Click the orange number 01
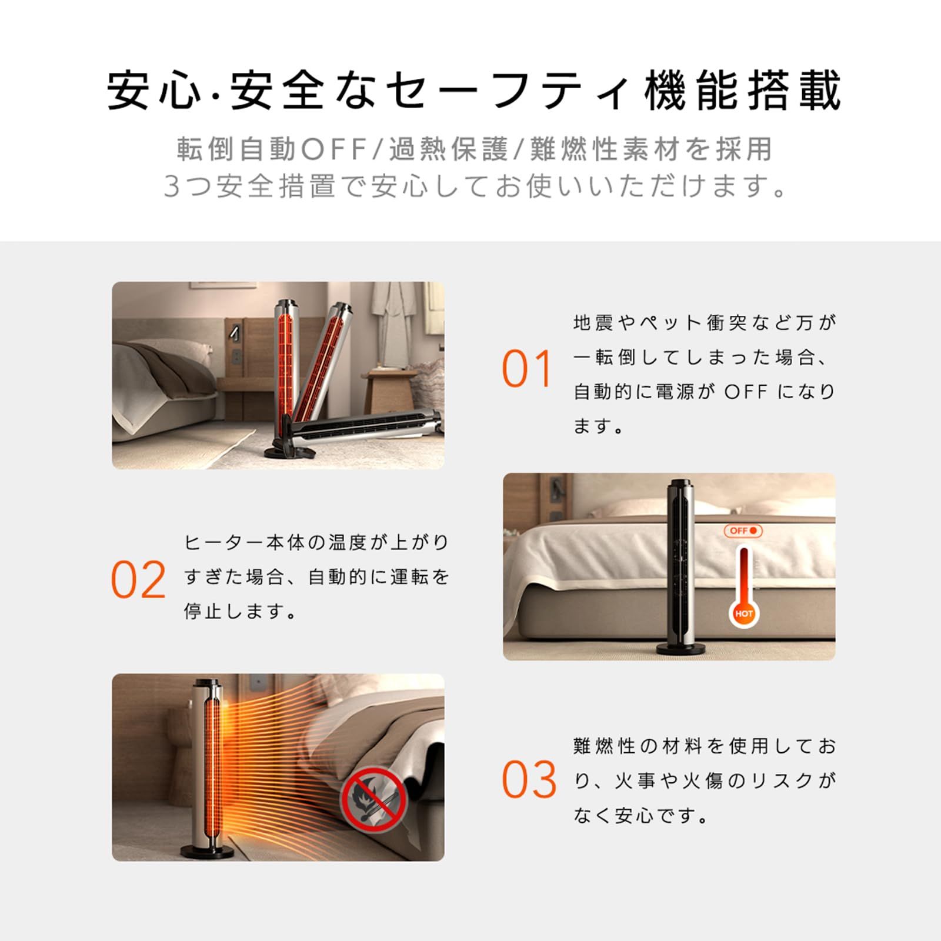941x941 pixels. pyautogui.click(x=526, y=369)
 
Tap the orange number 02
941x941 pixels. pyautogui.click(x=139, y=579)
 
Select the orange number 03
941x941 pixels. pyautogui.click(x=529, y=780)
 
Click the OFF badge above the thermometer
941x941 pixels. pyautogui.click(x=743, y=530)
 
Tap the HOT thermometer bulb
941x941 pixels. pyautogui.click(x=743, y=613)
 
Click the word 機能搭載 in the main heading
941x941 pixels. pyautogui.click(x=742, y=91)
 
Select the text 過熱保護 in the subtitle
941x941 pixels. pyautogui.click(x=448, y=149)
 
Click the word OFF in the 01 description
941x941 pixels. pyautogui.click(x=746, y=392)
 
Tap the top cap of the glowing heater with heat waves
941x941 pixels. pyautogui.click(x=207, y=684)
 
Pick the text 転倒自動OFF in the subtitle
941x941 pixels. pyautogui.click(x=272, y=149)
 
